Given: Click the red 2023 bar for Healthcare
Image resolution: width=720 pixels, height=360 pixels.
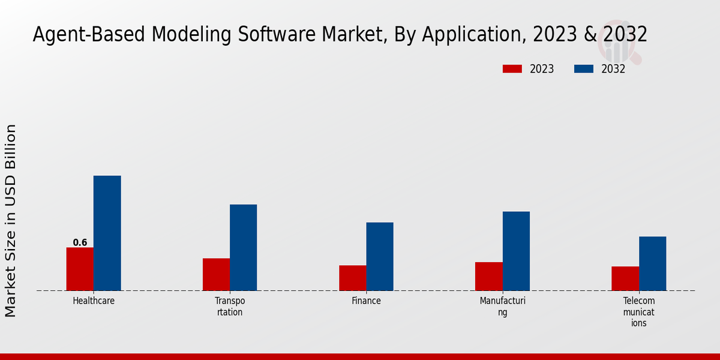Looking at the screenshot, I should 80,269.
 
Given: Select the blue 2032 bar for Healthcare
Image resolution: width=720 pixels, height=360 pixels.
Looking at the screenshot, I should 107,233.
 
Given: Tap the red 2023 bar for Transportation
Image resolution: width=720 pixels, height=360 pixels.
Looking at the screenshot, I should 216,274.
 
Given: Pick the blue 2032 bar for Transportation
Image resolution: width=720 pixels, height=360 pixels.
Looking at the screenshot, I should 243,247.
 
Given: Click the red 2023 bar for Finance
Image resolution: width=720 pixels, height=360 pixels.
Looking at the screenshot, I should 352,278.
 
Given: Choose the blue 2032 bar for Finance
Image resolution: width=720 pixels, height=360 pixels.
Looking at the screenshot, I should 380,256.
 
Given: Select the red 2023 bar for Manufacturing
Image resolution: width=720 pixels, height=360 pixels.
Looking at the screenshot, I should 488,276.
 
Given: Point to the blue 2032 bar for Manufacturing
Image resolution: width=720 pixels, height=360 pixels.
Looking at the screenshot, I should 516,251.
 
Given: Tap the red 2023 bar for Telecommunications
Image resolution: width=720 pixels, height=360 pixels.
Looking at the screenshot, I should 625,278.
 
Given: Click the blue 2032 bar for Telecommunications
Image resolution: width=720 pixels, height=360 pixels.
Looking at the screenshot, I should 652,263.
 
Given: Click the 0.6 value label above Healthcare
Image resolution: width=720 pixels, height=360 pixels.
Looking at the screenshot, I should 80,242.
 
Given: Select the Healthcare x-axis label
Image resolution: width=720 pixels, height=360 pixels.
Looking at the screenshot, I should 94,301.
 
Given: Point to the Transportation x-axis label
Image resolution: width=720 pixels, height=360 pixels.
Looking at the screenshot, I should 230,306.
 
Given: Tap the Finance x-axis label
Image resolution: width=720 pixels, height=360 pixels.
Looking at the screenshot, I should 366,301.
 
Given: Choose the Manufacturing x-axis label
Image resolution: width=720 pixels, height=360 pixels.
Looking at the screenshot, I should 502,306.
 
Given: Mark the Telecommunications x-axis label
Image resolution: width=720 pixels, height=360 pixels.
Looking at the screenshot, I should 638,311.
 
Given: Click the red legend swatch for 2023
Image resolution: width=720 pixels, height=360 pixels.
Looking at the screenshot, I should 512,69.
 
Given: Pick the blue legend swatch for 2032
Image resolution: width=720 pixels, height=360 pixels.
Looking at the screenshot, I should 583,69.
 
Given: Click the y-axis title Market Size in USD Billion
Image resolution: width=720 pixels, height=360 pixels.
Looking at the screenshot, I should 11,220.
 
